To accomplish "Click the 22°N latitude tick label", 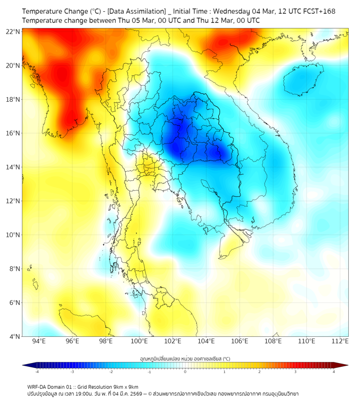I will coord(13,31).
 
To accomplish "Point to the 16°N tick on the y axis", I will coord(13,133).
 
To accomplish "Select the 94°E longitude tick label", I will coord(39,342).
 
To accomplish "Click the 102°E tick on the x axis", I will coord(173,342).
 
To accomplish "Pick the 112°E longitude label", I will coord(340,342).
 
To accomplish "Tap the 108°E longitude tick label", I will coord(273,342).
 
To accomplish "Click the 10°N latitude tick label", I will coord(13,235).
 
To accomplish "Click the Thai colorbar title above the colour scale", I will coord(185,358).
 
